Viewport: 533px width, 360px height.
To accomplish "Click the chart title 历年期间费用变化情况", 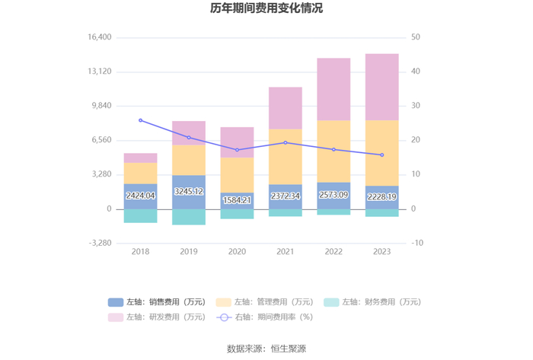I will (x=266, y=9).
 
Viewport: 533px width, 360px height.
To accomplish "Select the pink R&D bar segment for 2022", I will (x=334, y=89).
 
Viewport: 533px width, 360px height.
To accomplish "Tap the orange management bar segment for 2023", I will (x=381, y=152).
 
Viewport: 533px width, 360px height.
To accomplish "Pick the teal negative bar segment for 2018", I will (x=140, y=215).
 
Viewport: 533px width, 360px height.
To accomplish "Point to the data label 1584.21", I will (x=237, y=200).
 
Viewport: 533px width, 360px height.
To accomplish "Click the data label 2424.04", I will (x=140, y=196).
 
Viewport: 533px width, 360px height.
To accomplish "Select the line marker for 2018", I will (x=140, y=120).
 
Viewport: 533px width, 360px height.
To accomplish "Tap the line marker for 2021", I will (x=286, y=142).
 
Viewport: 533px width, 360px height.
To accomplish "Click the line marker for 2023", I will (x=381, y=155).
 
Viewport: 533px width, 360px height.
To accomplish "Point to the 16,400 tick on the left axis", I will (x=100, y=37).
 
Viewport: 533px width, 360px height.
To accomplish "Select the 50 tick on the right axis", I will (x=415, y=37).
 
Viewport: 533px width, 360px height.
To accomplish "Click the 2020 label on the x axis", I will (x=237, y=252).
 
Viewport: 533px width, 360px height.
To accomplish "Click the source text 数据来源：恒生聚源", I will (x=266, y=349).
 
